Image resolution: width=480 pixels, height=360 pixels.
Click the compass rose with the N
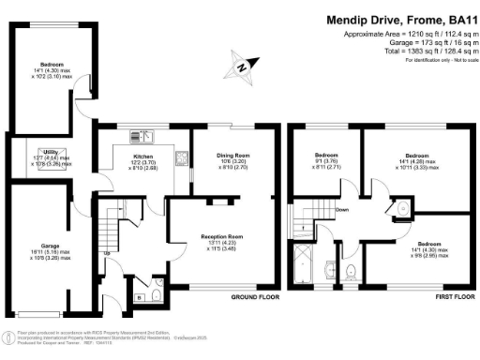coord(241,67)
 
